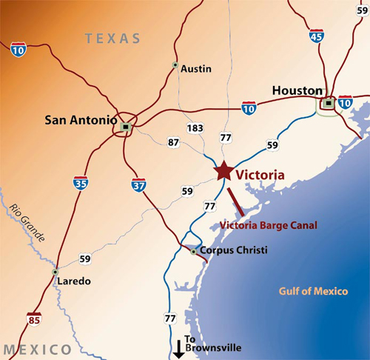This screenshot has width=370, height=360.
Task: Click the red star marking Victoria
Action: coord(223,170)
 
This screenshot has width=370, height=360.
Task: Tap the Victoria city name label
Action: coord(260,176)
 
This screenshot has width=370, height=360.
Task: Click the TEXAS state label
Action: coord(112,39)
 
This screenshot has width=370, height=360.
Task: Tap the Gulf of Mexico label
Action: coord(313,291)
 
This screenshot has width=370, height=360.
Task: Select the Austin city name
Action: coord(196,69)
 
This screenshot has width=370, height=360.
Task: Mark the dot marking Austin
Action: coord(175,65)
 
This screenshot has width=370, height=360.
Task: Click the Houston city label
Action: coord(297,90)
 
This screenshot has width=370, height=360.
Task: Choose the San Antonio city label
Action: coord(81,119)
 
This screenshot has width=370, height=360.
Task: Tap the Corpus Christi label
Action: coord(234,250)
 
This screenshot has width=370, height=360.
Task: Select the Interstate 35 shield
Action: coord(82,182)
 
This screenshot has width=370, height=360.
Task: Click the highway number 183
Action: coord(195,128)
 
